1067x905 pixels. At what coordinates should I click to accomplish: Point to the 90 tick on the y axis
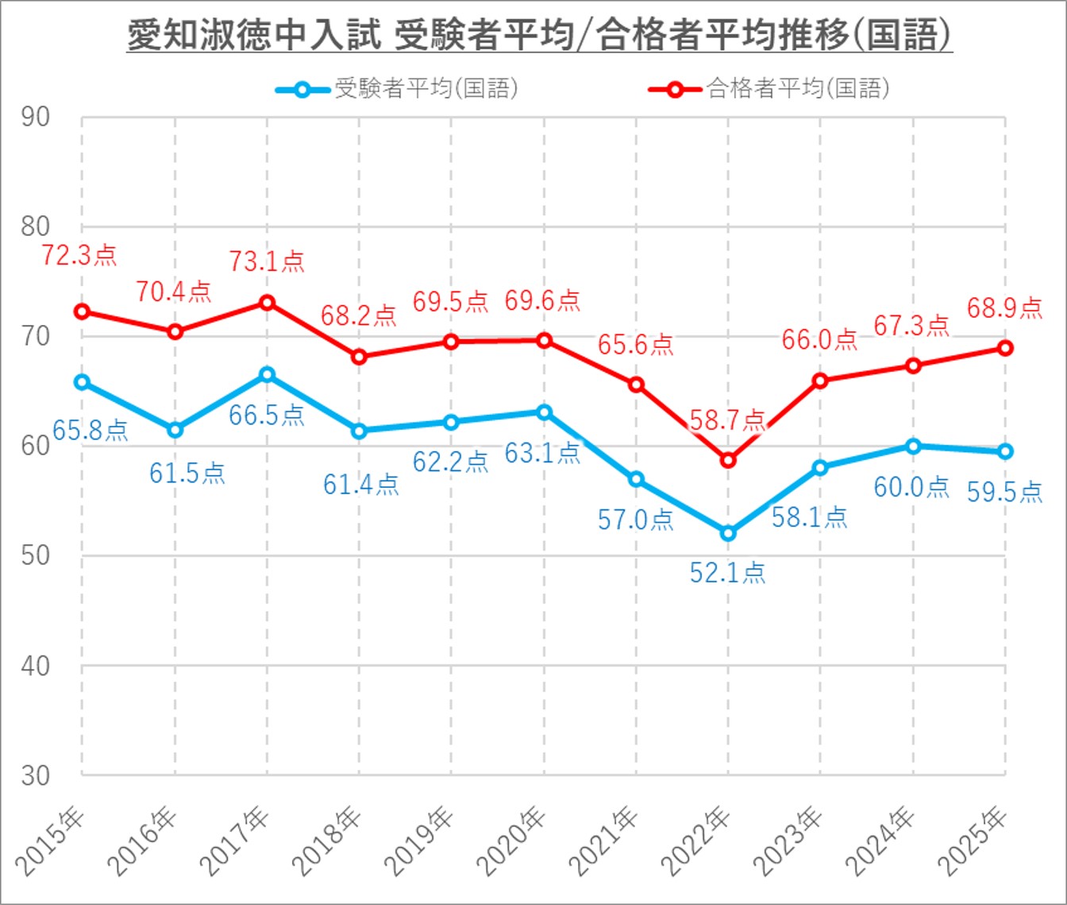(x=36, y=118)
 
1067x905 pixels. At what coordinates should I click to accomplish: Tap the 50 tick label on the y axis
(x=36, y=555)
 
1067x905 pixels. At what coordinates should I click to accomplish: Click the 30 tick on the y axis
(x=36, y=775)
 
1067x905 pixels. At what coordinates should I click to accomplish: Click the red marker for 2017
(x=267, y=303)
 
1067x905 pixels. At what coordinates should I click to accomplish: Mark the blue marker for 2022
(x=728, y=533)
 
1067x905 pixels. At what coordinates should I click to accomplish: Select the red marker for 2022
(x=728, y=460)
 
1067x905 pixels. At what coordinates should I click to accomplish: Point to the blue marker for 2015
(x=82, y=382)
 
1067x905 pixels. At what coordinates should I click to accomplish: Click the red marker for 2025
(x=1005, y=348)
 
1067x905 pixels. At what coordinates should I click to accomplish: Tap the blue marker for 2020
(x=544, y=412)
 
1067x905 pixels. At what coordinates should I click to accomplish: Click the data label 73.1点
(x=267, y=261)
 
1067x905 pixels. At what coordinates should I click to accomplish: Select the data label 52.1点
(x=727, y=572)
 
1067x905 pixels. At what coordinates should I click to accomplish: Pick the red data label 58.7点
(x=727, y=420)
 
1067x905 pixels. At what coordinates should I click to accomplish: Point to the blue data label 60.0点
(x=911, y=486)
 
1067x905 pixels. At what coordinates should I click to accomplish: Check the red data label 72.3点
(x=79, y=255)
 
